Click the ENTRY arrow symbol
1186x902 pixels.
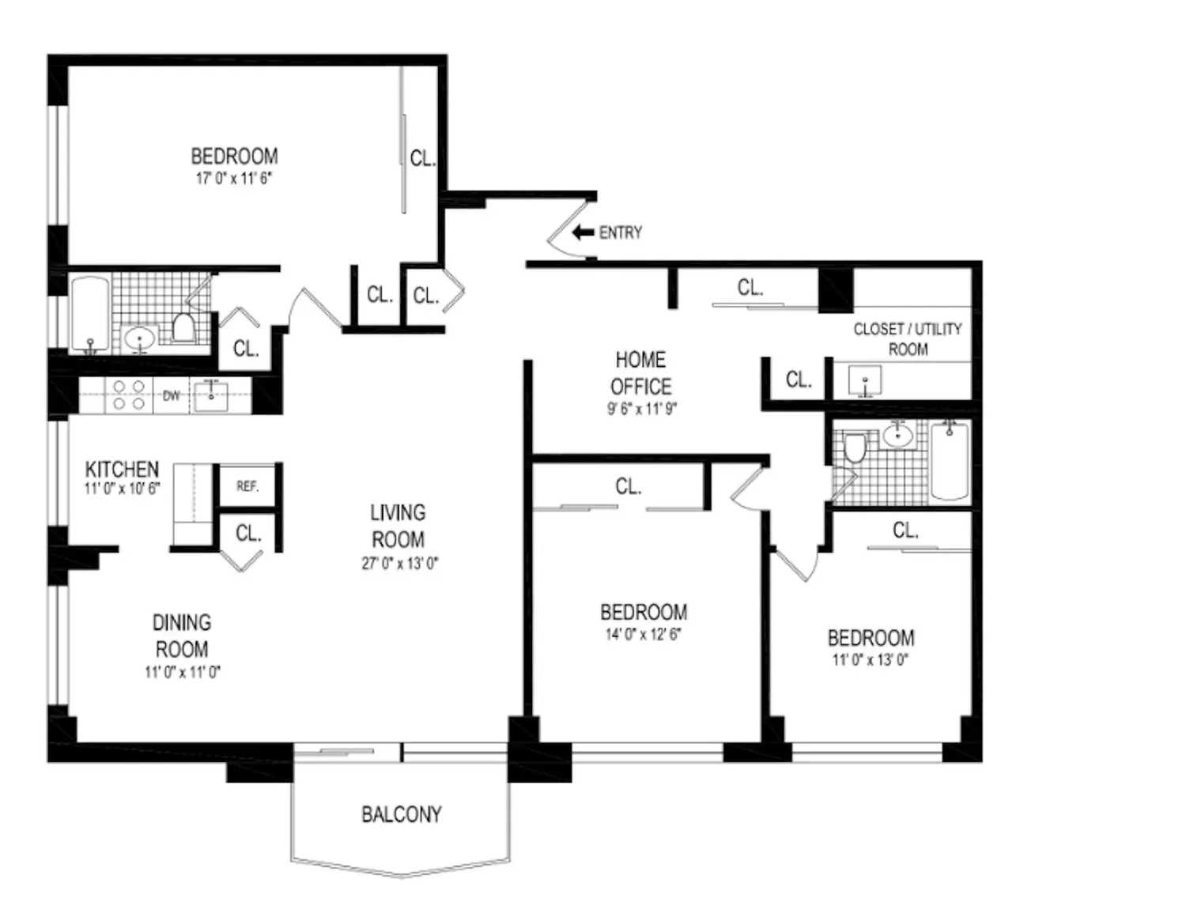click(x=583, y=232)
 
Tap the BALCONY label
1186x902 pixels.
click(x=402, y=814)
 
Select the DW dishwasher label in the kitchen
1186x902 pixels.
click(x=171, y=396)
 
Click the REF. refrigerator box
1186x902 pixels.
click(x=247, y=485)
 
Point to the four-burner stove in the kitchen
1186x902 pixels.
click(x=129, y=394)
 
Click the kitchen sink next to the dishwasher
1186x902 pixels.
click(x=211, y=396)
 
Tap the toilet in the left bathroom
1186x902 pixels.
click(x=183, y=326)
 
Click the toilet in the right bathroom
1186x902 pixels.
click(x=855, y=447)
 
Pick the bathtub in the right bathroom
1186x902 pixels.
click(x=950, y=461)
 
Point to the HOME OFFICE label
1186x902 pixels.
click(x=640, y=373)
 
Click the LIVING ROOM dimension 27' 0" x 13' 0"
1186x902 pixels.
click(x=400, y=564)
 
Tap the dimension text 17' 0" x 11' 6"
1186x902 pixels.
click(x=234, y=178)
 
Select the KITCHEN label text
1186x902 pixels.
click(x=122, y=469)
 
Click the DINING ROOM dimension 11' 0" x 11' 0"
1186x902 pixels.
click(x=183, y=672)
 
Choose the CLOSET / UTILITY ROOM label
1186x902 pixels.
click(x=908, y=339)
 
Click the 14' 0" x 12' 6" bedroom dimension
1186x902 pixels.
click(x=643, y=634)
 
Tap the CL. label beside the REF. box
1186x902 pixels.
click(x=248, y=534)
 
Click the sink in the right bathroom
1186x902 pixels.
click(x=897, y=435)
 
